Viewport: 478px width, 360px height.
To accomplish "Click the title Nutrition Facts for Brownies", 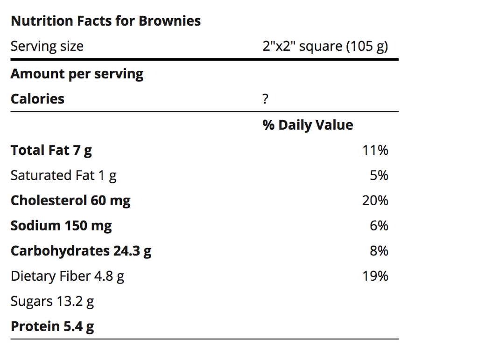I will click(105, 21).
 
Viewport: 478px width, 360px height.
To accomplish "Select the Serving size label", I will click(47, 47).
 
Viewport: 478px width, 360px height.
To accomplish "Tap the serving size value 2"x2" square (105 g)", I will click(325, 47).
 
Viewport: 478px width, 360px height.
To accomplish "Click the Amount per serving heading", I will click(77, 74).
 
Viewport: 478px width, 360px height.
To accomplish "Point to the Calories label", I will click(37, 99).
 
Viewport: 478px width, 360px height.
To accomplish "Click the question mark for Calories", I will click(266, 99).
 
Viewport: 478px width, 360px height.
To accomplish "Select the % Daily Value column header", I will click(308, 125).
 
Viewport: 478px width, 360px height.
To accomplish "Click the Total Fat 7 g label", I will click(51, 150).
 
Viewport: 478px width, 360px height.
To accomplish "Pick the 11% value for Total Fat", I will click(375, 150).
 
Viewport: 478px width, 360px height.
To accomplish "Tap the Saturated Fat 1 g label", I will click(63, 175).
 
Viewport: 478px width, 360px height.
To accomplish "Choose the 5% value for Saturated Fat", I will click(379, 175).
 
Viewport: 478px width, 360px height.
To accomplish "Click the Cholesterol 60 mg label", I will click(70, 201).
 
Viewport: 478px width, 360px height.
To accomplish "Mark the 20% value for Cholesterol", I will click(375, 201).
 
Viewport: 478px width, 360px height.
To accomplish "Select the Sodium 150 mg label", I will click(61, 226).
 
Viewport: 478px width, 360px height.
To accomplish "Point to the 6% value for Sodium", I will click(379, 226).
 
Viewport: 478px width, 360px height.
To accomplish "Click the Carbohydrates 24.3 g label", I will click(81, 251).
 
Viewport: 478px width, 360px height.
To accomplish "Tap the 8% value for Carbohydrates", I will click(379, 251).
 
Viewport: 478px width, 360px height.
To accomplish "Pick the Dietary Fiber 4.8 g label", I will click(67, 276).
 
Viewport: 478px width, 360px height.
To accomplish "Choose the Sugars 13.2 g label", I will click(52, 301).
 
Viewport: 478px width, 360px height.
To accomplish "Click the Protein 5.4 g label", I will click(52, 326).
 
